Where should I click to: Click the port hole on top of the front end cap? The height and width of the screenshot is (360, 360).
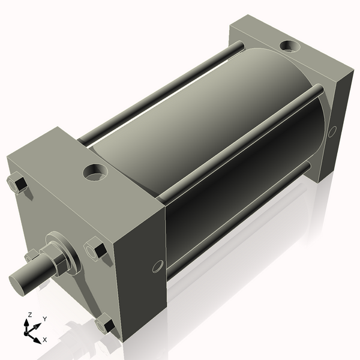click(x=95, y=173)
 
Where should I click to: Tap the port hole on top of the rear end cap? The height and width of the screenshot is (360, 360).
click(x=291, y=45)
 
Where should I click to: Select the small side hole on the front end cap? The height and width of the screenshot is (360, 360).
click(x=158, y=265)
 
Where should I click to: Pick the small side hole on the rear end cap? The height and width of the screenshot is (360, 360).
click(x=332, y=131)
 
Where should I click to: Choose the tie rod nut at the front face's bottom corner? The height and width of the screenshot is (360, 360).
click(x=106, y=325)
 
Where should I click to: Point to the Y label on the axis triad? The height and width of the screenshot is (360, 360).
click(x=44, y=319)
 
